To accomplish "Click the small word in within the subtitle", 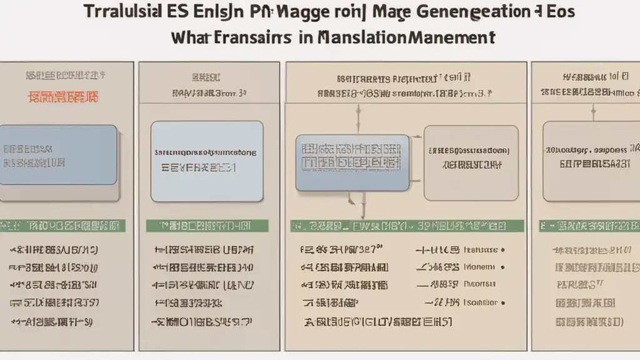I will tap(306, 37).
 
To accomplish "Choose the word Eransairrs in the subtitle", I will tap(250, 37).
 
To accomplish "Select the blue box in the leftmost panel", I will tap(58, 154).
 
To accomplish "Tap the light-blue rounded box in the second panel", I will tap(207, 161).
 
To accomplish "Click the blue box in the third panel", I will tap(352, 162).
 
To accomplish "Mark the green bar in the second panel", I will tap(207, 226).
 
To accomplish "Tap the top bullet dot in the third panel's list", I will tap(503, 249).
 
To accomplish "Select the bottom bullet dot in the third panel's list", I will tap(503, 302).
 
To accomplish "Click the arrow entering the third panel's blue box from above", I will tap(357, 119).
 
